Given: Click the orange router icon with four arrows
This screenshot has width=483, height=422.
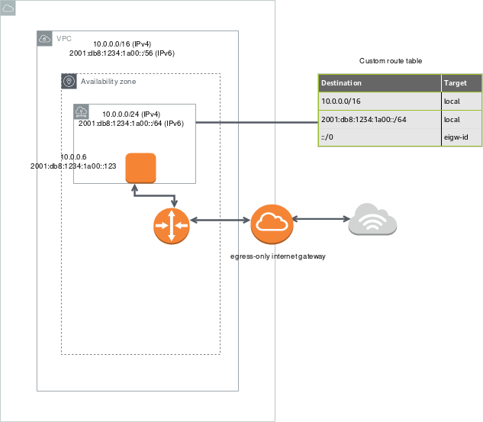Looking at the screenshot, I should tap(172, 224).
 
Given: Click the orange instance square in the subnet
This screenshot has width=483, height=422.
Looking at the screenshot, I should tap(140, 168).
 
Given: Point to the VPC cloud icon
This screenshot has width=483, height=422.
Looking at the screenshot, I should tap(45, 38).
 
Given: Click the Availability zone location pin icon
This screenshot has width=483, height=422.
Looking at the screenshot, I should tap(69, 81).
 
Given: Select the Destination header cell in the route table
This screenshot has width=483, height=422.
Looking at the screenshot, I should tap(379, 82).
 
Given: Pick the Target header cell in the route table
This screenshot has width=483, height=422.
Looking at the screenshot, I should tap(461, 82).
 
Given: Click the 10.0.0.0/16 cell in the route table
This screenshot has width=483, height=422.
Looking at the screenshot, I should tap(379, 101).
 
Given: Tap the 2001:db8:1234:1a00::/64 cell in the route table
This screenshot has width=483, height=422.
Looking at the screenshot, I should tap(379, 119).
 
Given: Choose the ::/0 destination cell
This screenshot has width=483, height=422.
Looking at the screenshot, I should tap(379, 137).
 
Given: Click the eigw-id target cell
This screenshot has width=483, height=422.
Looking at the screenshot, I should tap(461, 137).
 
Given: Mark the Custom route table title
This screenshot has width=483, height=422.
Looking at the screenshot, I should tap(390, 60).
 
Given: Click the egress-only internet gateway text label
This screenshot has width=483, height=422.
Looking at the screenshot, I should tap(278, 256).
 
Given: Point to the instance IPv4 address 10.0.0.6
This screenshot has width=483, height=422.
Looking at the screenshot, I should tap(73, 156).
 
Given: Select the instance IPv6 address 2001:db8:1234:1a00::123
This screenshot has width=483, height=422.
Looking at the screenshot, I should tap(73, 166).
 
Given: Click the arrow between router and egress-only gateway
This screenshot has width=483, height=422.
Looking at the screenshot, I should tap(221, 221).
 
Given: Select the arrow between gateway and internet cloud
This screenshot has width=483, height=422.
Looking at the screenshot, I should tap(319, 220).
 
